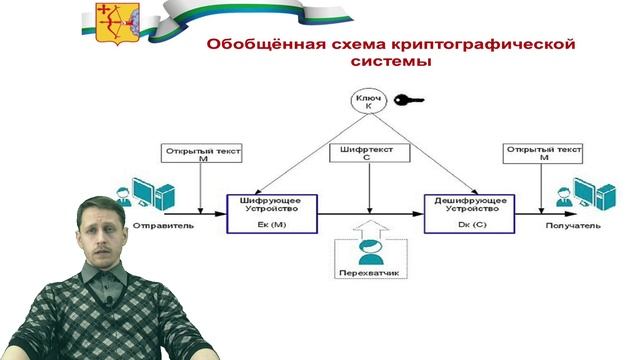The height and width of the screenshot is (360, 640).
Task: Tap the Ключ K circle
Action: pyautogui.click(x=365, y=101)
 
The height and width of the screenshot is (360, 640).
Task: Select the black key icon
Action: pyautogui.click(x=408, y=100)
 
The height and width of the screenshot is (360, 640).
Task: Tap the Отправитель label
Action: pyautogui.click(x=164, y=225)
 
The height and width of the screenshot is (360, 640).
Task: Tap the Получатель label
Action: pyautogui.click(x=573, y=225)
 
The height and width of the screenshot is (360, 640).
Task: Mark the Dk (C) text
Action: pyautogui.click(x=466, y=226)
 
